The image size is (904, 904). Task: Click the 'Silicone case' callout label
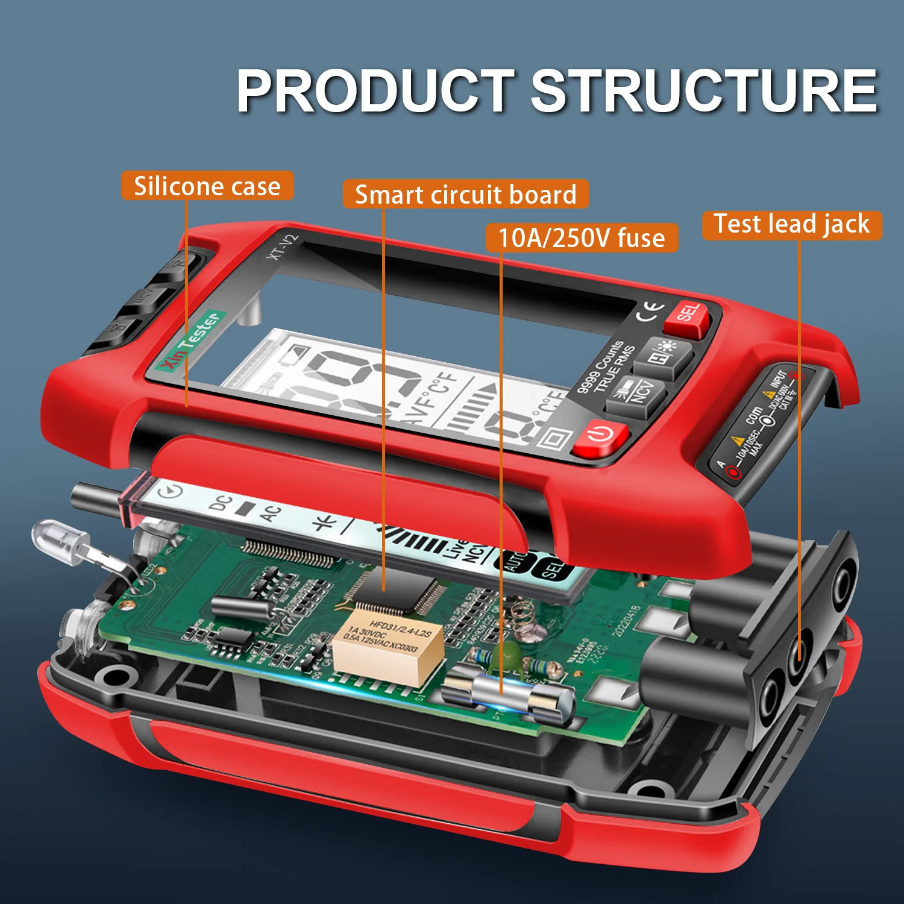click(x=207, y=186)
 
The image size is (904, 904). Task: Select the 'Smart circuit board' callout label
click(x=465, y=195)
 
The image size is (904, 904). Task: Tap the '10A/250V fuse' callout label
click(x=582, y=237)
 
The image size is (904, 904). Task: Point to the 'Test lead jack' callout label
click(x=791, y=224)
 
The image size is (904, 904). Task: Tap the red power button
click(x=600, y=435)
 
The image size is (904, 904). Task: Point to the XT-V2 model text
click(x=283, y=247)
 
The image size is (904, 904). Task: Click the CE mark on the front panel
click(x=651, y=311)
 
